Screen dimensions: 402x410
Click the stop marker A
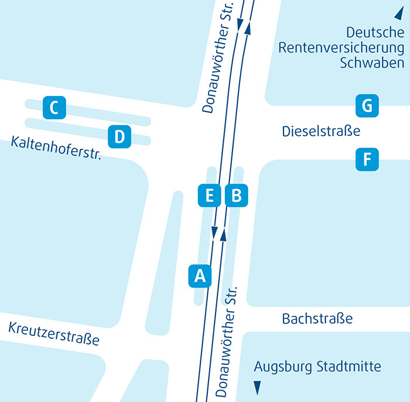(x=200, y=275)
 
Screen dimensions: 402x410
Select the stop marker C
(x=54, y=108)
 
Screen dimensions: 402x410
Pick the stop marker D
(x=119, y=137)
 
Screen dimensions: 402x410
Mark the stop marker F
(x=367, y=159)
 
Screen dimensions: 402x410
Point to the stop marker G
(x=367, y=106)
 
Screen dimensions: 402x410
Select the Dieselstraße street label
(x=321, y=131)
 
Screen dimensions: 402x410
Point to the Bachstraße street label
(x=317, y=319)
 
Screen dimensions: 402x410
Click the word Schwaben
(x=372, y=63)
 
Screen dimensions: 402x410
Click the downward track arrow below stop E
(x=214, y=234)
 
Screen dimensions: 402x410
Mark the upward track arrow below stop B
(x=223, y=234)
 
